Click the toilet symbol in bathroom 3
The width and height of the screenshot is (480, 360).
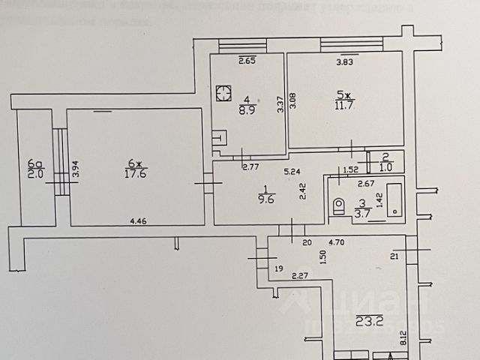pyautogui.click(x=339, y=204)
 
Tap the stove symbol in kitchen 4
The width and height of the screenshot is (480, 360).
pyautogui.click(x=223, y=94)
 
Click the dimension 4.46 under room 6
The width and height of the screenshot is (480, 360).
pyautogui.click(x=138, y=221)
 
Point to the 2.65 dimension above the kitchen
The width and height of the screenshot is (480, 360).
pyautogui.click(x=247, y=61)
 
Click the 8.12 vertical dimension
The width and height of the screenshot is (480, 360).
pyautogui.click(x=403, y=339)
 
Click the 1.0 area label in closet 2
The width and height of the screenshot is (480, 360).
pyautogui.click(x=385, y=168)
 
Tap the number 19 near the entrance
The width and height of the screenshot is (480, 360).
pyautogui.click(x=277, y=268)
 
